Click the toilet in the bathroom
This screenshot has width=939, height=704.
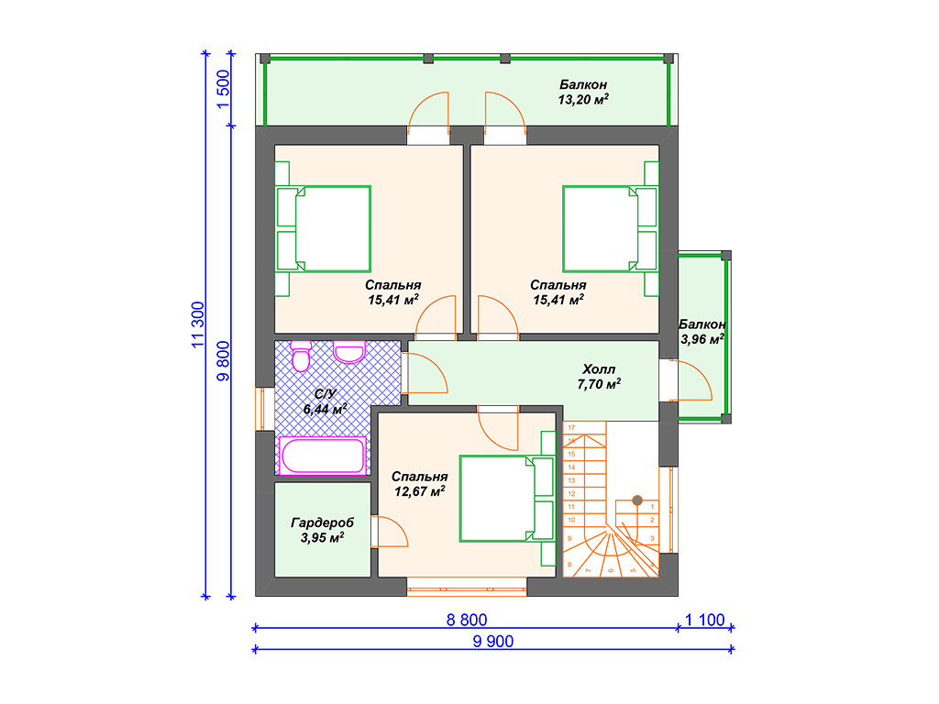[301, 357]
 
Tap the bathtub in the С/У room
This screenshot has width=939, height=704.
[323, 456]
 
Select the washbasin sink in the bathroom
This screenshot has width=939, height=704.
[349, 352]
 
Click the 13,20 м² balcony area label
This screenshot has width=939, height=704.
[583, 100]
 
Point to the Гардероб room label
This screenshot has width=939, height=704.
[322, 522]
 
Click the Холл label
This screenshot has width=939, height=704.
[599, 369]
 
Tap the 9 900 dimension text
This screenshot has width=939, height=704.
[492, 641]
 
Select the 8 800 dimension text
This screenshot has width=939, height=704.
[467, 620]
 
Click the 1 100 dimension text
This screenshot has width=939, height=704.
[705, 620]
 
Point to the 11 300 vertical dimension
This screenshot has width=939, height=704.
[198, 324]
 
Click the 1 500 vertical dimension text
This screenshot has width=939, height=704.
[223, 89]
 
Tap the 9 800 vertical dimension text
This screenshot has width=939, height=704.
[223, 361]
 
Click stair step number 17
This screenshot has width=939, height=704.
[571, 427]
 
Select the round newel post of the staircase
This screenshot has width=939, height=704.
[637, 500]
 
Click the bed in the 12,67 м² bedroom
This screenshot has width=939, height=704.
[507, 499]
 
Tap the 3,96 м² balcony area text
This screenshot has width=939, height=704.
[701, 339]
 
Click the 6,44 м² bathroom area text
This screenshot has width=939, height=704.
[326, 410]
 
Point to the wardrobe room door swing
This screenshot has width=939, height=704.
[389, 532]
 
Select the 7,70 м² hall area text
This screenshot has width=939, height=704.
[599, 384]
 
